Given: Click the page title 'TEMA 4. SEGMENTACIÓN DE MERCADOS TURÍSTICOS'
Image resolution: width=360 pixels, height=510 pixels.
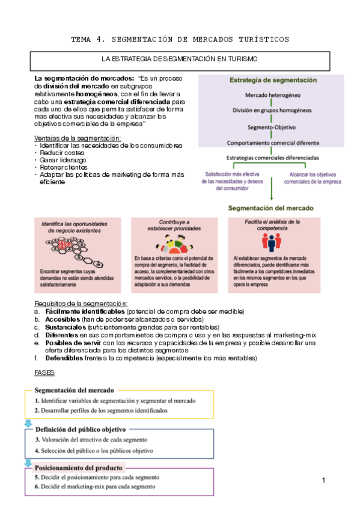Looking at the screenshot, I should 180,40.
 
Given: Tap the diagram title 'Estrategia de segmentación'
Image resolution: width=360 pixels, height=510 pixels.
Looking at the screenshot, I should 272,80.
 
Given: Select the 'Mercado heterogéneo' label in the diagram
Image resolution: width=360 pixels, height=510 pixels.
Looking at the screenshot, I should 273,96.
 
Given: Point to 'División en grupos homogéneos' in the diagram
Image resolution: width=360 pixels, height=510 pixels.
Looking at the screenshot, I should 272,111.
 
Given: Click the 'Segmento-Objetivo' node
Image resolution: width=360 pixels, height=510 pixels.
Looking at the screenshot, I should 272,127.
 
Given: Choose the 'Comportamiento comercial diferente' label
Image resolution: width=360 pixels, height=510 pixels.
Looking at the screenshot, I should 273,143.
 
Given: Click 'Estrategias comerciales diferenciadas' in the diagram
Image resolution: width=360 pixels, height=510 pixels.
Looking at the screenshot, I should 273,158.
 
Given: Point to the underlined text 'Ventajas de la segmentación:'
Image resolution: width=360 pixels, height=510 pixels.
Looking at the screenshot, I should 78,139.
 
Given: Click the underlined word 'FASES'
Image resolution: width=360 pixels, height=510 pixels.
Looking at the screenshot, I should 45,373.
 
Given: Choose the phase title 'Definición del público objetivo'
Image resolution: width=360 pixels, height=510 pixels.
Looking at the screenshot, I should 80,429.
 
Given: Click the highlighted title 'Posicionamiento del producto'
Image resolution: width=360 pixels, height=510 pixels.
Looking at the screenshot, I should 79,467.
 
